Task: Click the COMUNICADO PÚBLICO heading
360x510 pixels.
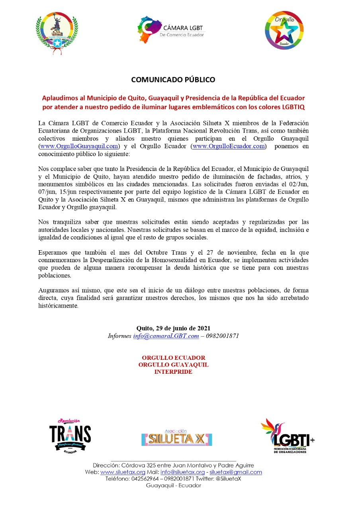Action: [173, 80]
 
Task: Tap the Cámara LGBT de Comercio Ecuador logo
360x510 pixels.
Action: [171, 30]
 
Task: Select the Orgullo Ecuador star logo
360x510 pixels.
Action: [284, 30]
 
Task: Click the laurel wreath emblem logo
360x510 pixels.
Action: [57, 31]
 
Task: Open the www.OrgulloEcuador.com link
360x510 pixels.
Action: [229, 146]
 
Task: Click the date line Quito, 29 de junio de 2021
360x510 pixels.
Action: [173, 328]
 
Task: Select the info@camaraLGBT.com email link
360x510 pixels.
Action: [166, 336]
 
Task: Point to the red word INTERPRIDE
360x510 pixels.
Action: [173, 372]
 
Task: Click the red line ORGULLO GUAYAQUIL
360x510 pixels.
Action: [173, 365]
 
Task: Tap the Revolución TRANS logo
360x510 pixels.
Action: [70, 435]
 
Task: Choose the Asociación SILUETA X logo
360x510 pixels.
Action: [176, 438]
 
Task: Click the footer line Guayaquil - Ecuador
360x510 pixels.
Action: [173, 485]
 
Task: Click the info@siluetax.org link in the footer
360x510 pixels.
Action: [182, 472]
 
